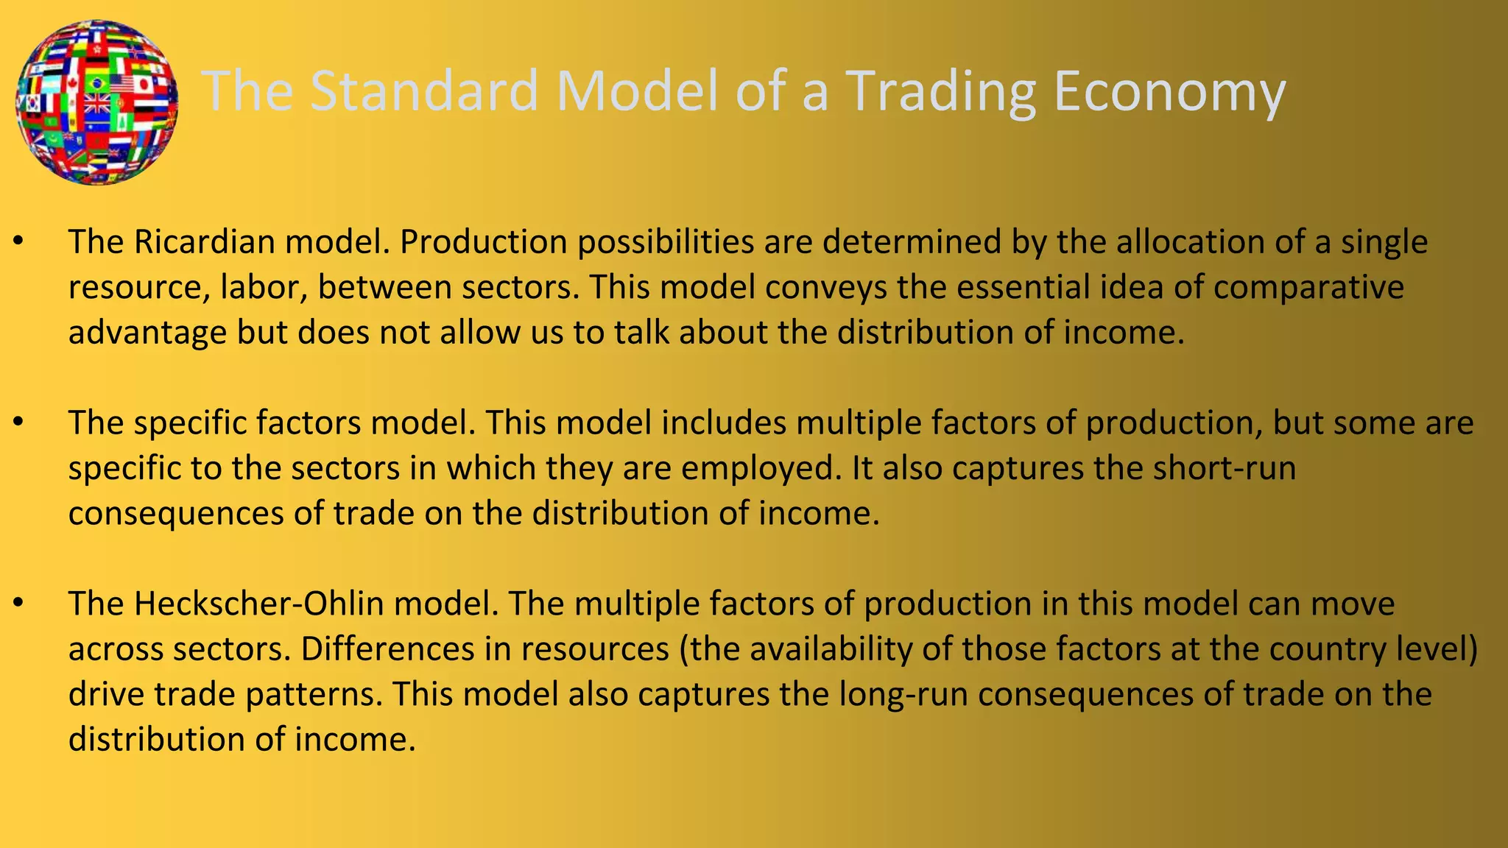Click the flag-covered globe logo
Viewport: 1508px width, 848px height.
[x=96, y=102]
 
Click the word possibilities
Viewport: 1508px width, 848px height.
[x=666, y=242]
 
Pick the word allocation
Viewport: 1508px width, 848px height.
[x=1190, y=242]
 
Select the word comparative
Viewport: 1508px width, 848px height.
[x=1308, y=287]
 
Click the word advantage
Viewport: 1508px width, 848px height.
[x=147, y=333]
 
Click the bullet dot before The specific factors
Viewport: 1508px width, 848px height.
[x=19, y=423]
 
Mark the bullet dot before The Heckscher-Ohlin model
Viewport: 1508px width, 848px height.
[x=19, y=604]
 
